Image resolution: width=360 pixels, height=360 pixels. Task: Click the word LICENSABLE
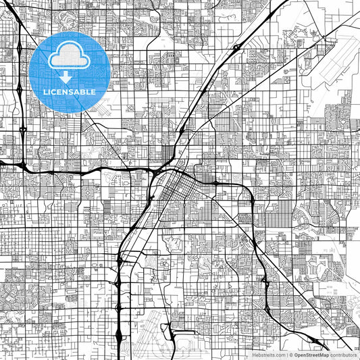(x=70, y=91)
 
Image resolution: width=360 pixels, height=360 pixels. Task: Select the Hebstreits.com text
(x=268, y=355)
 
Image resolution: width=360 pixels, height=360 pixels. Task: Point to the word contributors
(x=343, y=355)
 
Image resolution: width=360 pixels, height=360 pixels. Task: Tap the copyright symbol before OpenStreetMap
(x=290, y=355)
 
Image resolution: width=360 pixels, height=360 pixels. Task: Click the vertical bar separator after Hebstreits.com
(x=286, y=355)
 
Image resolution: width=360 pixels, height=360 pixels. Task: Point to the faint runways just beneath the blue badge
(x=101, y=108)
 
